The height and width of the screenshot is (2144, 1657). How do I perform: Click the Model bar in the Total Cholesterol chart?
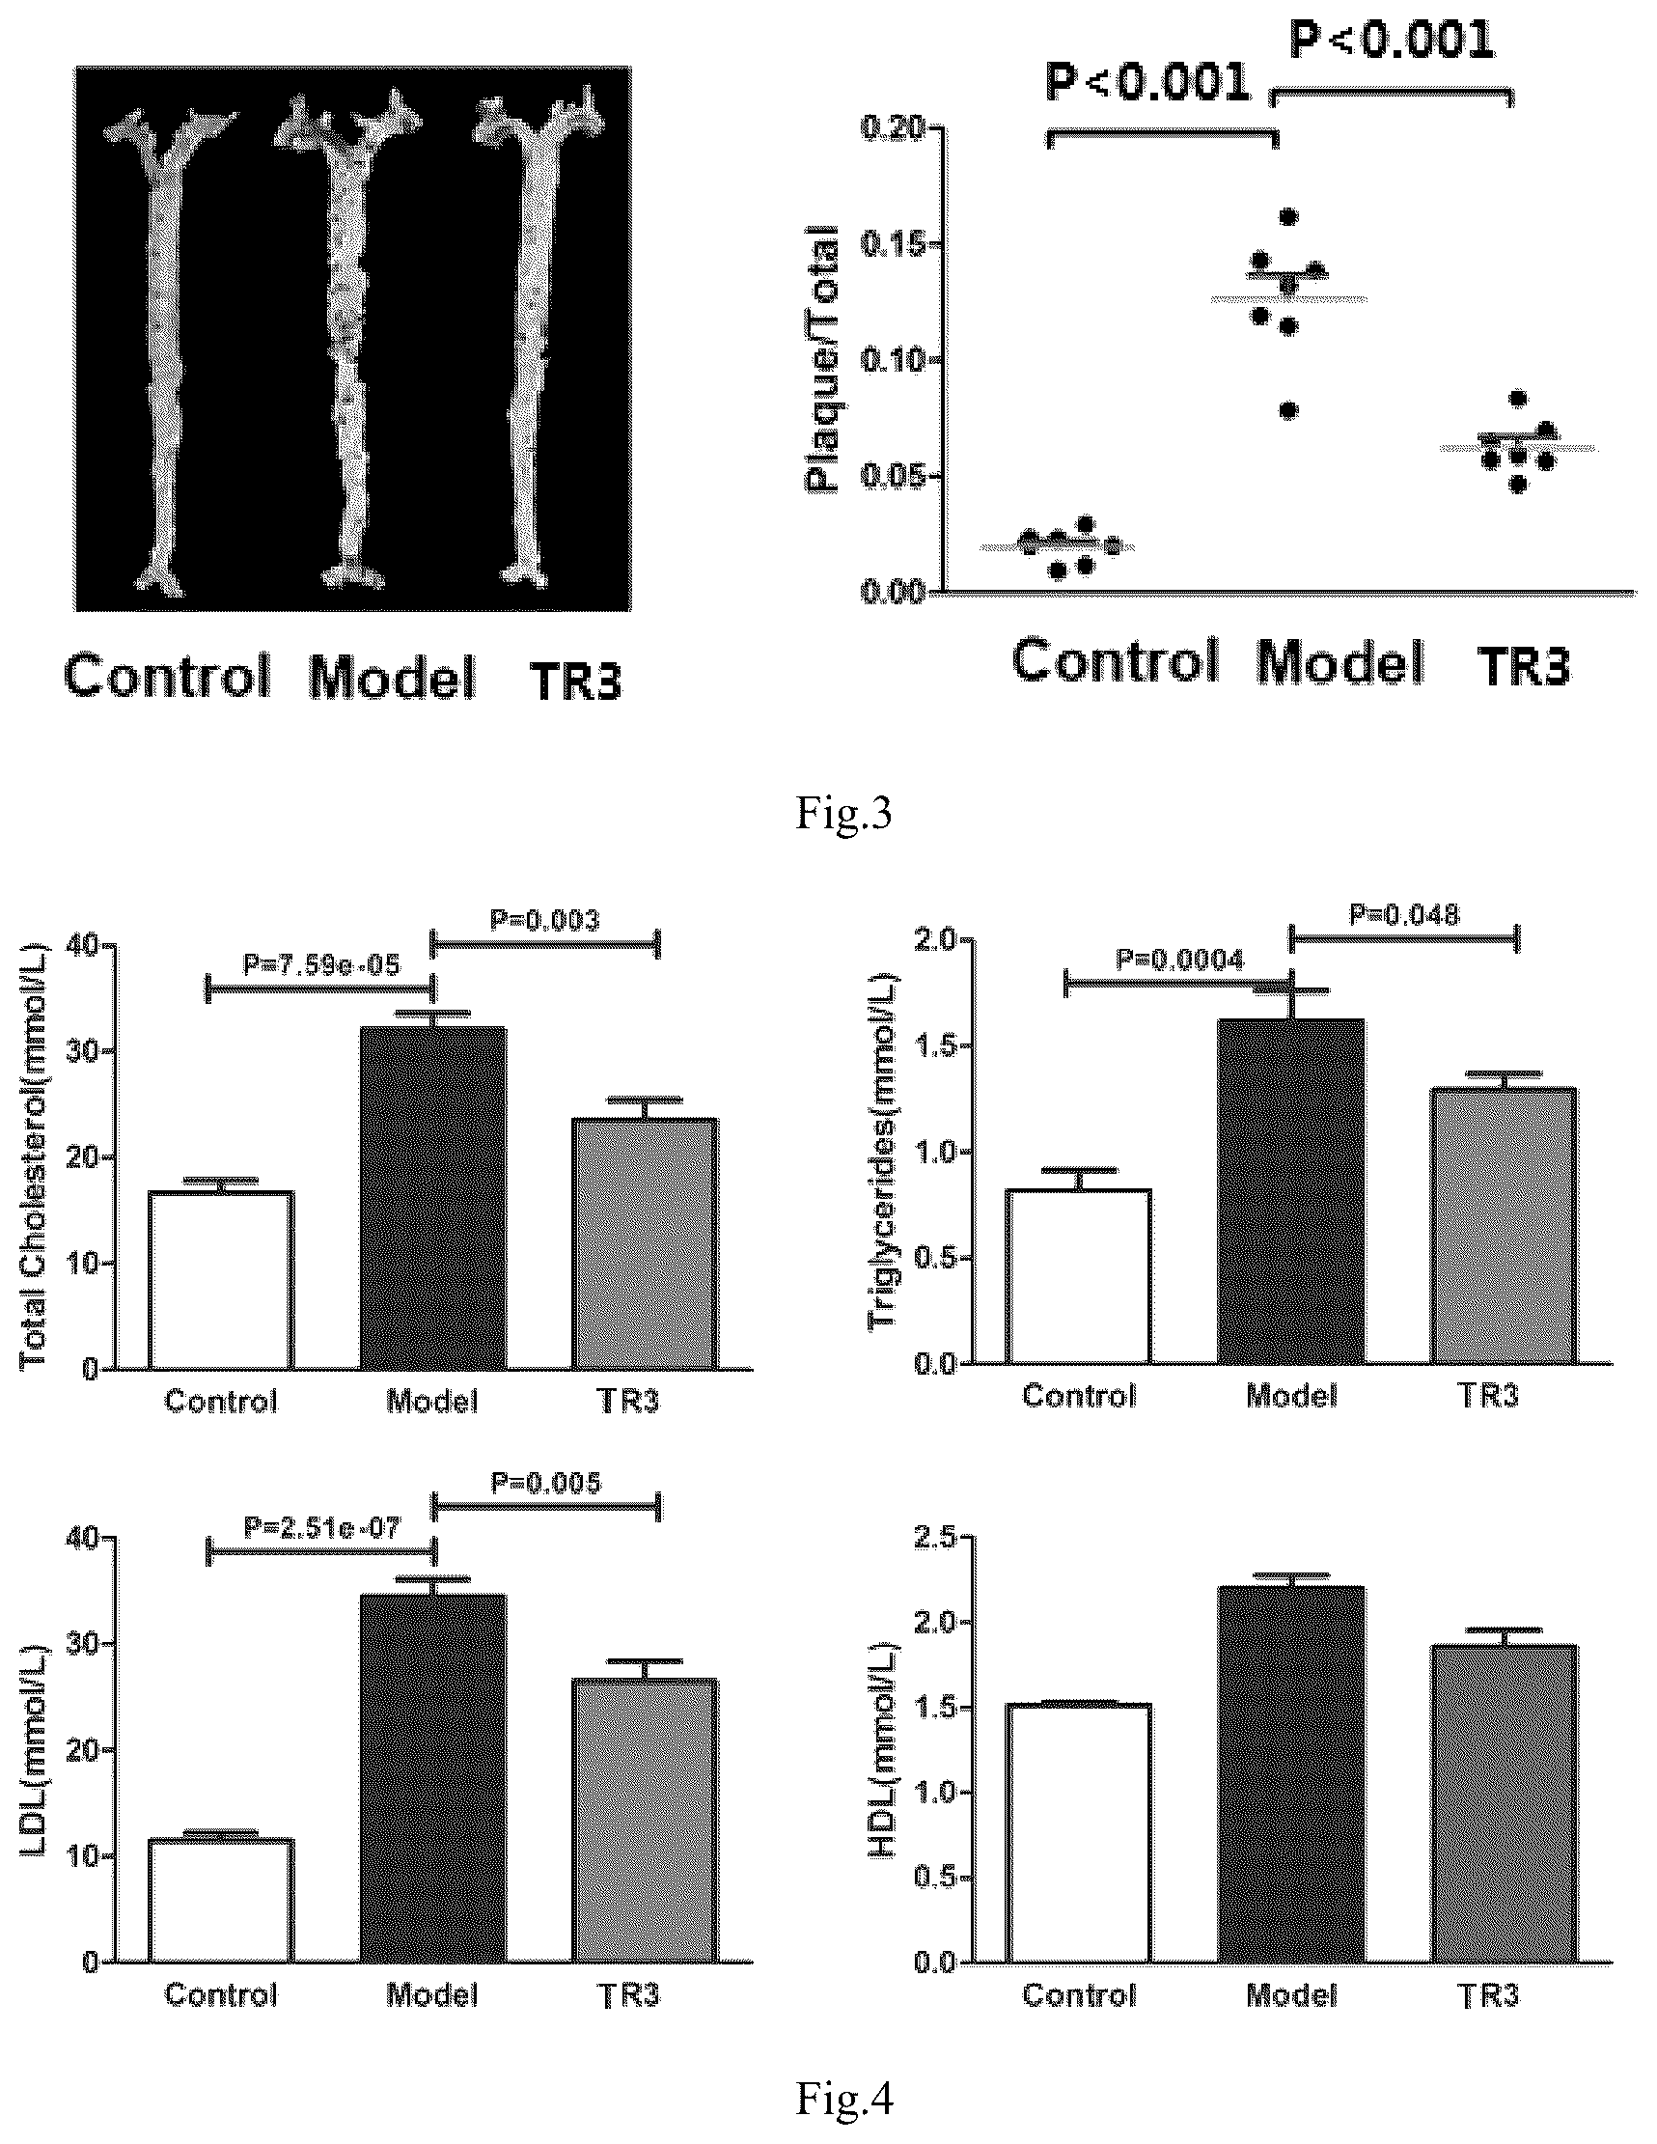coord(433,1198)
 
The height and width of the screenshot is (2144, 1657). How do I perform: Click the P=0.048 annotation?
coord(1404,914)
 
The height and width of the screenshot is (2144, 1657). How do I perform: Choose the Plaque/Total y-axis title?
coord(822,359)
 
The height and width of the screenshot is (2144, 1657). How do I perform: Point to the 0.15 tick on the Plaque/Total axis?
coord(896,244)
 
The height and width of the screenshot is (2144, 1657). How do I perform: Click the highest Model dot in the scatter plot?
coord(1289,216)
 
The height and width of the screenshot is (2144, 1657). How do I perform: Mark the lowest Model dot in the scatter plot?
coord(1289,410)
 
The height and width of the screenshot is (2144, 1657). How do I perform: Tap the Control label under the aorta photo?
coord(167,677)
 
